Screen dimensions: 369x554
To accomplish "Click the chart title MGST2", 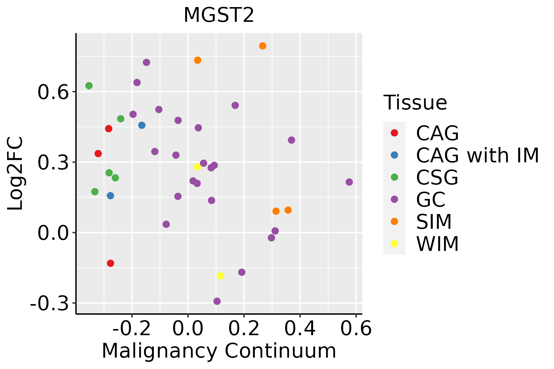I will click(219, 15).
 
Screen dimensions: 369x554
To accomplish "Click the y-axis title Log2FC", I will click(15, 173).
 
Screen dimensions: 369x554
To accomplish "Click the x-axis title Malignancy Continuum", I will click(219, 351).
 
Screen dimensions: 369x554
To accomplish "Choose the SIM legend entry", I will click(434, 221).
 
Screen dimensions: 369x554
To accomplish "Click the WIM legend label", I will click(437, 244).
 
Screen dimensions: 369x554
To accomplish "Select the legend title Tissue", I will click(415, 103).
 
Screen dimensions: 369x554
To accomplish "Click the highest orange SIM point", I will click(263, 46).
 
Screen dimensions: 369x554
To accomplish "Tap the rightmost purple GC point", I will click(349, 182).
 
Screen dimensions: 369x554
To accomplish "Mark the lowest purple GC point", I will click(217, 301).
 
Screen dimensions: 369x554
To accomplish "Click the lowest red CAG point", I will click(110, 263).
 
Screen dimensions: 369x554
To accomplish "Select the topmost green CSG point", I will click(89, 86).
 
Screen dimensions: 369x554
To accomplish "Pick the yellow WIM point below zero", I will click(220, 276).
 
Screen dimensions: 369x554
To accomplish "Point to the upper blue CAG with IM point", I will click(142, 125).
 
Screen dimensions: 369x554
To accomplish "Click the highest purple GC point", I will click(147, 62).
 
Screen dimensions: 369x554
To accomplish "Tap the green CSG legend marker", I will click(394, 177).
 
